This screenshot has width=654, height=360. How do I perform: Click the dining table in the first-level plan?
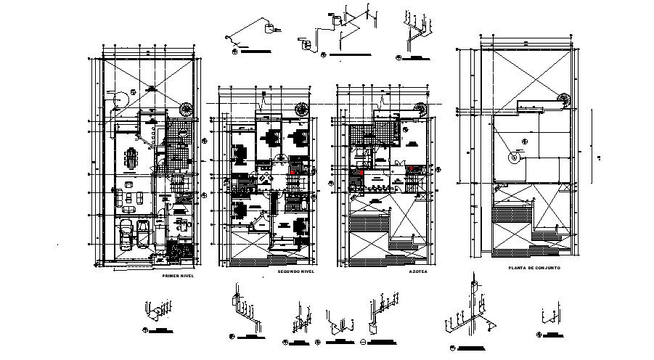131,157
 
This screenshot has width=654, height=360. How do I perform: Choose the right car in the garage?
143,234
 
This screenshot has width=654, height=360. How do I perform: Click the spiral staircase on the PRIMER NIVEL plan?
187,110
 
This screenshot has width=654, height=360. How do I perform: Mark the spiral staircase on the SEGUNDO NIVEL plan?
301,108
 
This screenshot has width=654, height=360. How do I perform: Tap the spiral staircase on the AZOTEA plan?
421,108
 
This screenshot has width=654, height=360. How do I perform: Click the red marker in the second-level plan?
295,169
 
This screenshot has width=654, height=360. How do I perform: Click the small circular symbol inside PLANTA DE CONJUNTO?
515,157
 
